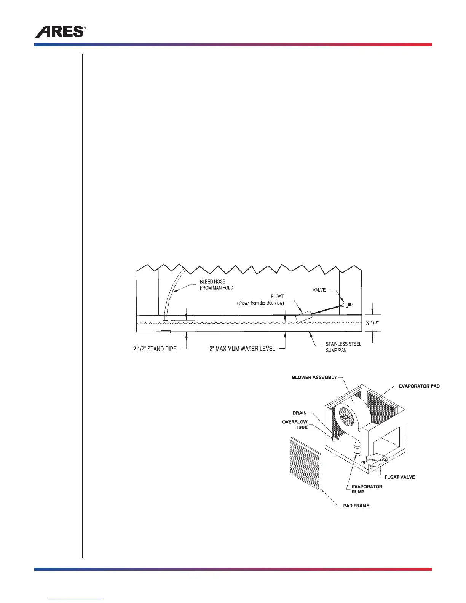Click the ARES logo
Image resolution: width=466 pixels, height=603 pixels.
(60, 32)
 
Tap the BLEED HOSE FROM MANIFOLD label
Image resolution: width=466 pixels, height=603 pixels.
(216, 285)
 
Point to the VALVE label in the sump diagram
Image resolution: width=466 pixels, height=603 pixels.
(319, 290)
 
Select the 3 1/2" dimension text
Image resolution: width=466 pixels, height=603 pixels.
(372, 324)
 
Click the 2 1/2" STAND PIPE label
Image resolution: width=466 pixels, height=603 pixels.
(155, 349)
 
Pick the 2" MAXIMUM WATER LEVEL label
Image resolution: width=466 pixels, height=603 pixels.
(242, 349)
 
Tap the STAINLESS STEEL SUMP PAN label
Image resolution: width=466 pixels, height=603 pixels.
(343, 347)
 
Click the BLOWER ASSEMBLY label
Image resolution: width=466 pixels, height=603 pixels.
(314, 377)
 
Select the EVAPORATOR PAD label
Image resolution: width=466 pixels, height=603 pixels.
(419, 386)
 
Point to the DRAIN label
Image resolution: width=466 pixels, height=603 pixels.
(300, 413)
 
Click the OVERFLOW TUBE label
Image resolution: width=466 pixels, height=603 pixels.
(295, 424)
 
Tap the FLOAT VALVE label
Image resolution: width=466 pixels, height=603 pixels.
(400, 477)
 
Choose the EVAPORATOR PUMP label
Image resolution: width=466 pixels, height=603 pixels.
(367, 489)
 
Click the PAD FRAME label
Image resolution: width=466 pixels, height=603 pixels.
(356, 506)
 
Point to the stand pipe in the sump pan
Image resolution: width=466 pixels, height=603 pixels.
(166, 327)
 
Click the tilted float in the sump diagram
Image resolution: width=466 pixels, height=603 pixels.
(304, 317)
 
